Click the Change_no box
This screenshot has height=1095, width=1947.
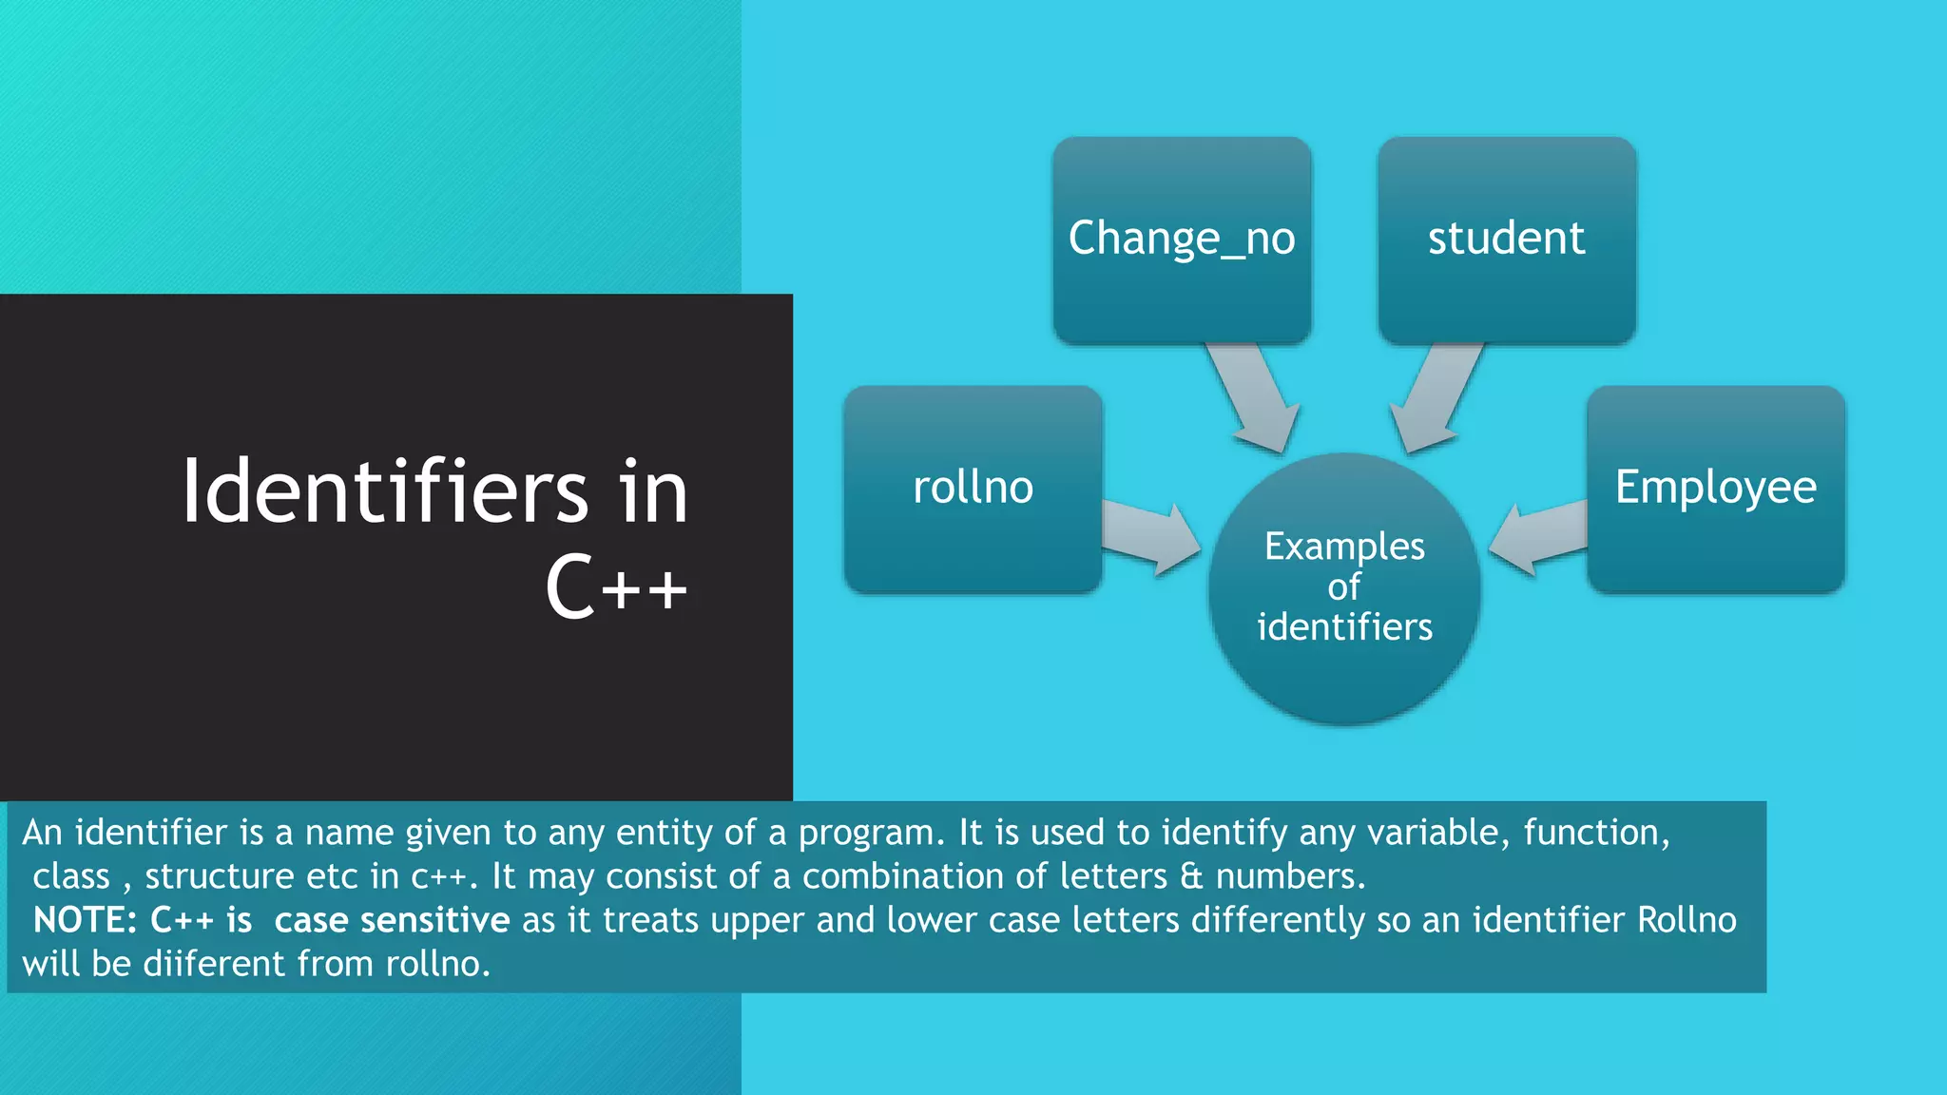point(1182,240)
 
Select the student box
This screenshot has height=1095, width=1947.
point(1507,240)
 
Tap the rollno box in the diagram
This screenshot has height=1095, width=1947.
point(973,489)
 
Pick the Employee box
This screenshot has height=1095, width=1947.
point(1716,489)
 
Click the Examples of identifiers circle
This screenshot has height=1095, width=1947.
point(1344,589)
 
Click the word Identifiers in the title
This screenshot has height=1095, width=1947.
point(385,491)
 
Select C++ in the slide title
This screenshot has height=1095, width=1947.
point(616,586)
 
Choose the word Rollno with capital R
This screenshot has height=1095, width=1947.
point(1687,920)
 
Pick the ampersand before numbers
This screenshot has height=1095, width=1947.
point(1191,876)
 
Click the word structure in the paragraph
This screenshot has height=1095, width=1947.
point(220,876)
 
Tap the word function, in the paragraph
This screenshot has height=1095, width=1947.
point(1596,833)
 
